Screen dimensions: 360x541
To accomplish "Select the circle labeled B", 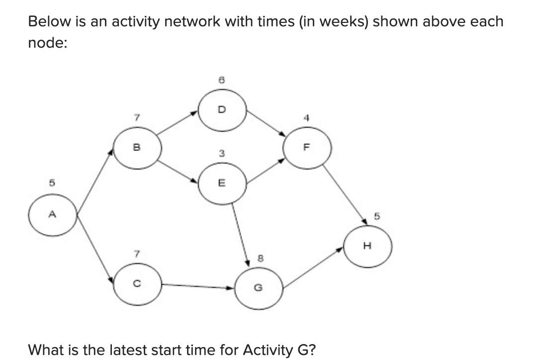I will [x=137, y=148].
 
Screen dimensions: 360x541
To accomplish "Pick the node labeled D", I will [x=222, y=111].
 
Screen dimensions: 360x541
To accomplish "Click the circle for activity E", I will [x=222, y=184].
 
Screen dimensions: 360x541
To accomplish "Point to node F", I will [x=306, y=148].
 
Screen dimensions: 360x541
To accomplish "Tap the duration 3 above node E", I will [x=222, y=154].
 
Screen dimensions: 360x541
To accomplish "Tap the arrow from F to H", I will [x=346, y=196].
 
